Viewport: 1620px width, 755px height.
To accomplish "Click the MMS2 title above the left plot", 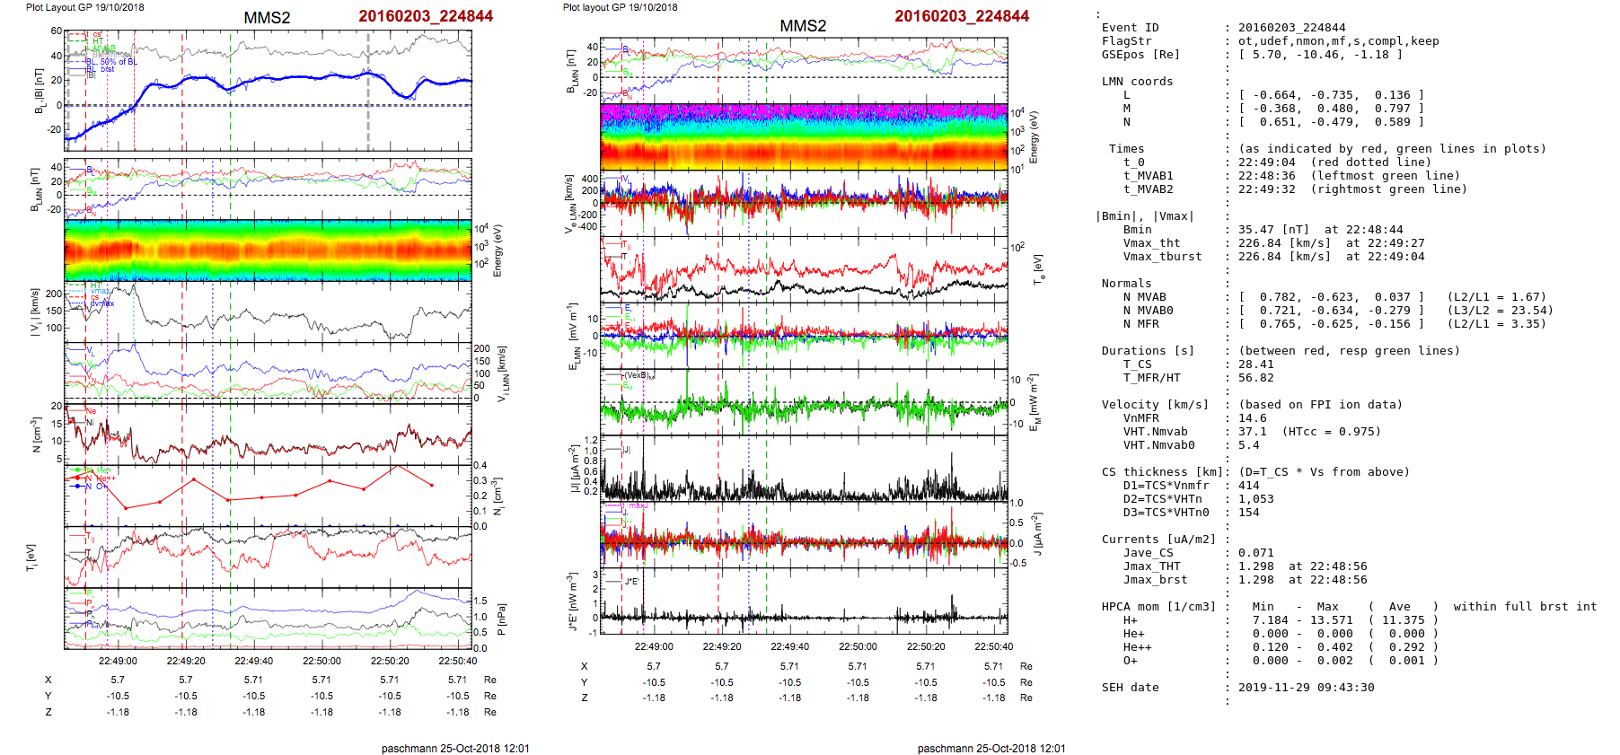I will tap(267, 18).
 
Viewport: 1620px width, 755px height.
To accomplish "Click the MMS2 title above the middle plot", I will tap(803, 26).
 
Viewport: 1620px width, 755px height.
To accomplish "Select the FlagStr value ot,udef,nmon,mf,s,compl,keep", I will tap(1338, 41).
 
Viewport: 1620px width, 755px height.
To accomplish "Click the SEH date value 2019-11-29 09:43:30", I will tap(1306, 688).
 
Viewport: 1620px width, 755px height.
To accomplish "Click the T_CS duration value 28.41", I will tap(1255, 364).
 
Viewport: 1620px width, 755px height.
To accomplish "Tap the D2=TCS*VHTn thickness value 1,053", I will tap(1255, 499).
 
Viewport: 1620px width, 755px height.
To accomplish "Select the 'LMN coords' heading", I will tap(1137, 82).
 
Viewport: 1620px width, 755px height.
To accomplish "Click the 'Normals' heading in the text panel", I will tap(1126, 284).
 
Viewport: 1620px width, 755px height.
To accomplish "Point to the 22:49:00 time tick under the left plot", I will tap(118, 662).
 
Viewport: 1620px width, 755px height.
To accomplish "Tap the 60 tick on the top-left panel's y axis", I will tap(57, 31).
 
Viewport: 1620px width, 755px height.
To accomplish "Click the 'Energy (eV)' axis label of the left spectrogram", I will tap(498, 250).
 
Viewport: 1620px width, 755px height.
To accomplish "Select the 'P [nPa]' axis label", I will tap(500, 619).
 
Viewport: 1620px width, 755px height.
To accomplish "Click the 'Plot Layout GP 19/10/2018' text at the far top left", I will tap(84, 7).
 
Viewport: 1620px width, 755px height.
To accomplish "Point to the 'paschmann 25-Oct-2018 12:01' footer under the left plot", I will tap(455, 749).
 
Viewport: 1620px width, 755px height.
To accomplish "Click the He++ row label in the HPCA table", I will tap(1137, 647).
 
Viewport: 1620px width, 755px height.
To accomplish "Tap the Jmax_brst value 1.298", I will tap(1255, 580).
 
